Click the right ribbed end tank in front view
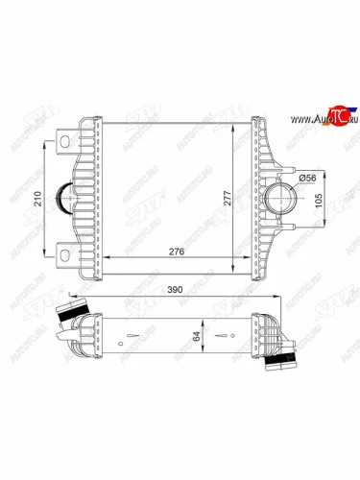click(x=260, y=199)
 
